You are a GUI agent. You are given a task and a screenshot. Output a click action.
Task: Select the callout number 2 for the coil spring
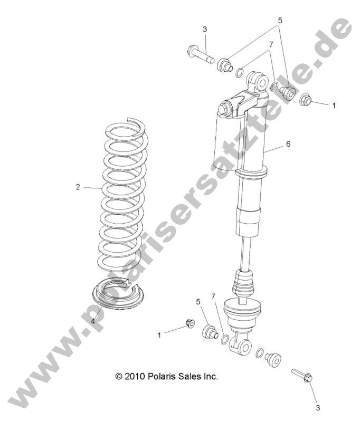click(78, 187)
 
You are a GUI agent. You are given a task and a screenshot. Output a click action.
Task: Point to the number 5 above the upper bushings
click(280, 21)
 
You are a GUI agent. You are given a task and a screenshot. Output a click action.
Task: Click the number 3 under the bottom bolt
click(318, 407)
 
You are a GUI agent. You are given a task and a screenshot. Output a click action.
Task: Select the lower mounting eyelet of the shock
click(245, 346)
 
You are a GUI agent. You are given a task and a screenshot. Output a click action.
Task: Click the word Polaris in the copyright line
click(162, 377)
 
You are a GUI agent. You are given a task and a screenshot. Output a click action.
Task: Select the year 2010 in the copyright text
click(135, 377)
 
